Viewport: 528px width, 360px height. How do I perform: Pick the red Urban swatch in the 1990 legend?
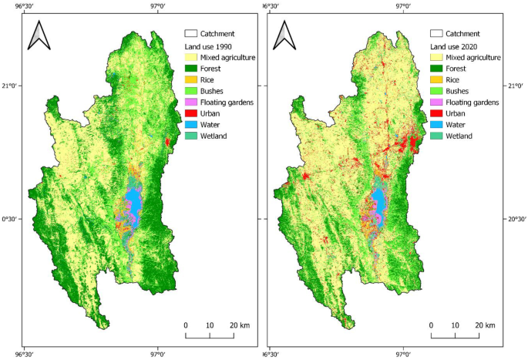point(190,113)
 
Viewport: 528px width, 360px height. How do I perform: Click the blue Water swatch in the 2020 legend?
point(436,125)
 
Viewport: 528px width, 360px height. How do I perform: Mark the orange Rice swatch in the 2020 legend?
point(436,80)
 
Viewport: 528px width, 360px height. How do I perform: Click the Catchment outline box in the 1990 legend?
point(190,34)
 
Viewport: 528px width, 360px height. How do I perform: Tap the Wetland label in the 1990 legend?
point(216,136)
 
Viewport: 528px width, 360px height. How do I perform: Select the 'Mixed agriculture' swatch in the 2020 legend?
point(436,57)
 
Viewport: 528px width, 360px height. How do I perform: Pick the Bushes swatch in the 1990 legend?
point(190,91)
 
